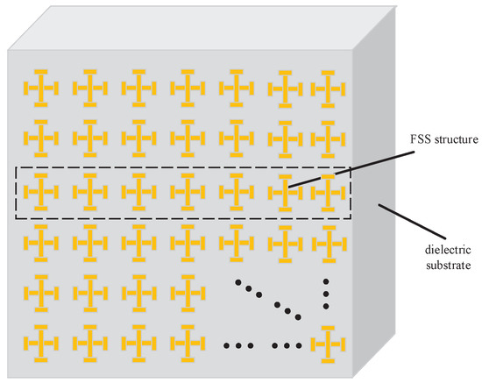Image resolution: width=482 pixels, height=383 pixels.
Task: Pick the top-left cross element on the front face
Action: point(39,88)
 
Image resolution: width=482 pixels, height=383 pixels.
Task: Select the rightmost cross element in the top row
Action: point(329,88)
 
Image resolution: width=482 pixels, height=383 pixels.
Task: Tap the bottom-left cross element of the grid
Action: point(39,340)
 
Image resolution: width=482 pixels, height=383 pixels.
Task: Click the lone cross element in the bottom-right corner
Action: point(329,340)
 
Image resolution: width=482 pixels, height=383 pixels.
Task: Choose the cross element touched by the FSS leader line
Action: point(282,189)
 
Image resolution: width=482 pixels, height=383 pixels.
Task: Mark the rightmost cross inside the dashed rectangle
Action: point(329,189)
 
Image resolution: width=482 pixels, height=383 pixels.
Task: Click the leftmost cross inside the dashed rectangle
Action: point(39,189)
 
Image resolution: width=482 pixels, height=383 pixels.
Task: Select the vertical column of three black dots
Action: point(328,295)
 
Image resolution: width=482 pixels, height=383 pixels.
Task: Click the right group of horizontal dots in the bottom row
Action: point(285,344)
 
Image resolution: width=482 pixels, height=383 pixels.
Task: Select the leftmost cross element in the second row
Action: point(39,138)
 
